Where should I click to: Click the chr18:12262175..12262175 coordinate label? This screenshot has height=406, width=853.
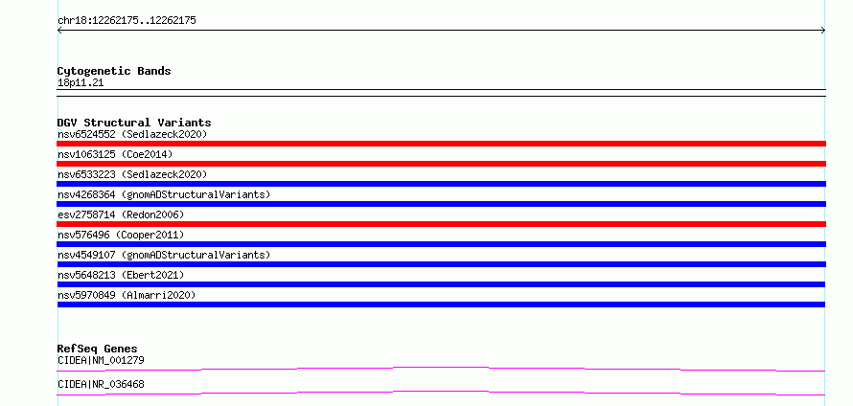click(127, 21)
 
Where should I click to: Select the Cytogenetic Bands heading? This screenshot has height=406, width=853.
click(114, 71)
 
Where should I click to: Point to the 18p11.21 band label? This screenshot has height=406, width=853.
click(81, 83)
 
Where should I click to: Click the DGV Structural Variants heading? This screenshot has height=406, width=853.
click(134, 123)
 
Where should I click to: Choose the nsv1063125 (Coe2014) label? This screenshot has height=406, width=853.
click(115, 154)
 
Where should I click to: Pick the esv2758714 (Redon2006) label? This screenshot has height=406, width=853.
click(121, 214)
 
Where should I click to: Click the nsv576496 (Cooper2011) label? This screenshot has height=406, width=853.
click(121, 235)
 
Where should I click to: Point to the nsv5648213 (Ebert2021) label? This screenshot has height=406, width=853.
click(121, 275)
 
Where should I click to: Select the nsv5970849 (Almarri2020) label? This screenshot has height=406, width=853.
click(127, 295)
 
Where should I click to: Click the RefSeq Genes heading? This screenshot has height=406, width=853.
click(98, 349)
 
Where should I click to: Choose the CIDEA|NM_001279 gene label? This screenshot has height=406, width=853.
click(101, 360)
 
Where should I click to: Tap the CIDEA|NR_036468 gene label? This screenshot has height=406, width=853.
click(101, 384)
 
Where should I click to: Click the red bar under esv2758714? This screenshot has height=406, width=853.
click(441, 224)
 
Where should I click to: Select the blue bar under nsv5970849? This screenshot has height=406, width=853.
click(441, 304)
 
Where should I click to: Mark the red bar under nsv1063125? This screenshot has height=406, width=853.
click(441, 164)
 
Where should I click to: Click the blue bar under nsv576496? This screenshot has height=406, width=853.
click(441, 244)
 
